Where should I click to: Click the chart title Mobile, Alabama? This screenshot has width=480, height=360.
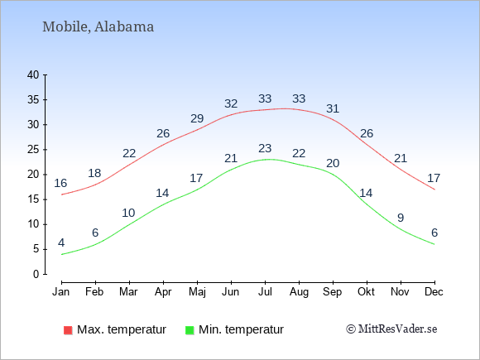point(98,27)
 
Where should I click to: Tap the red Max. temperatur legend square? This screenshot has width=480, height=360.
point(68,330)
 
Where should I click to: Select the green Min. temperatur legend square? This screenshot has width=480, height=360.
point(190,330)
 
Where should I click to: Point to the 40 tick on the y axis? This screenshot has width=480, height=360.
point(33,74)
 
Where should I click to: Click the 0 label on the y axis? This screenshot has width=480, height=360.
point(36,274)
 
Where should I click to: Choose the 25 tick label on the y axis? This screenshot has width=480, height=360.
point(33,150)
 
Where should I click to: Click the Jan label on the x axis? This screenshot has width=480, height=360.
point(61,292)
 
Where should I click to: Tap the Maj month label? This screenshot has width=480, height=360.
point(197,292)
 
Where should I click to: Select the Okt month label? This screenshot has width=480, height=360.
point(366,292)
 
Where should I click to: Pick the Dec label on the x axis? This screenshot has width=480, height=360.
point(434,292)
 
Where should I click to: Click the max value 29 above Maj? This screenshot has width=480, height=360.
point(197,118)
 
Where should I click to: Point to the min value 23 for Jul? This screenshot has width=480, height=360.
point(265,148)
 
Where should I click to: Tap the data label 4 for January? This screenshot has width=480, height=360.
point(61,243)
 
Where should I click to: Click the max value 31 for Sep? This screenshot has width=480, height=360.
point(333,108)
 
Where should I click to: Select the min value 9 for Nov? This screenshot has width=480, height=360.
point(401,218)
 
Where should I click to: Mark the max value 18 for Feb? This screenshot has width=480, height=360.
point(94,174)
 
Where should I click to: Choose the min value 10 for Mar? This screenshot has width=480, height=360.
point(128,213)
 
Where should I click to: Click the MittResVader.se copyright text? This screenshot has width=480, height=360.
point(391,329)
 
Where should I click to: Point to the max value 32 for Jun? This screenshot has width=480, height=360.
point(231,103)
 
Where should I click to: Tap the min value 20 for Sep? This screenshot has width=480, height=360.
point(333,164)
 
